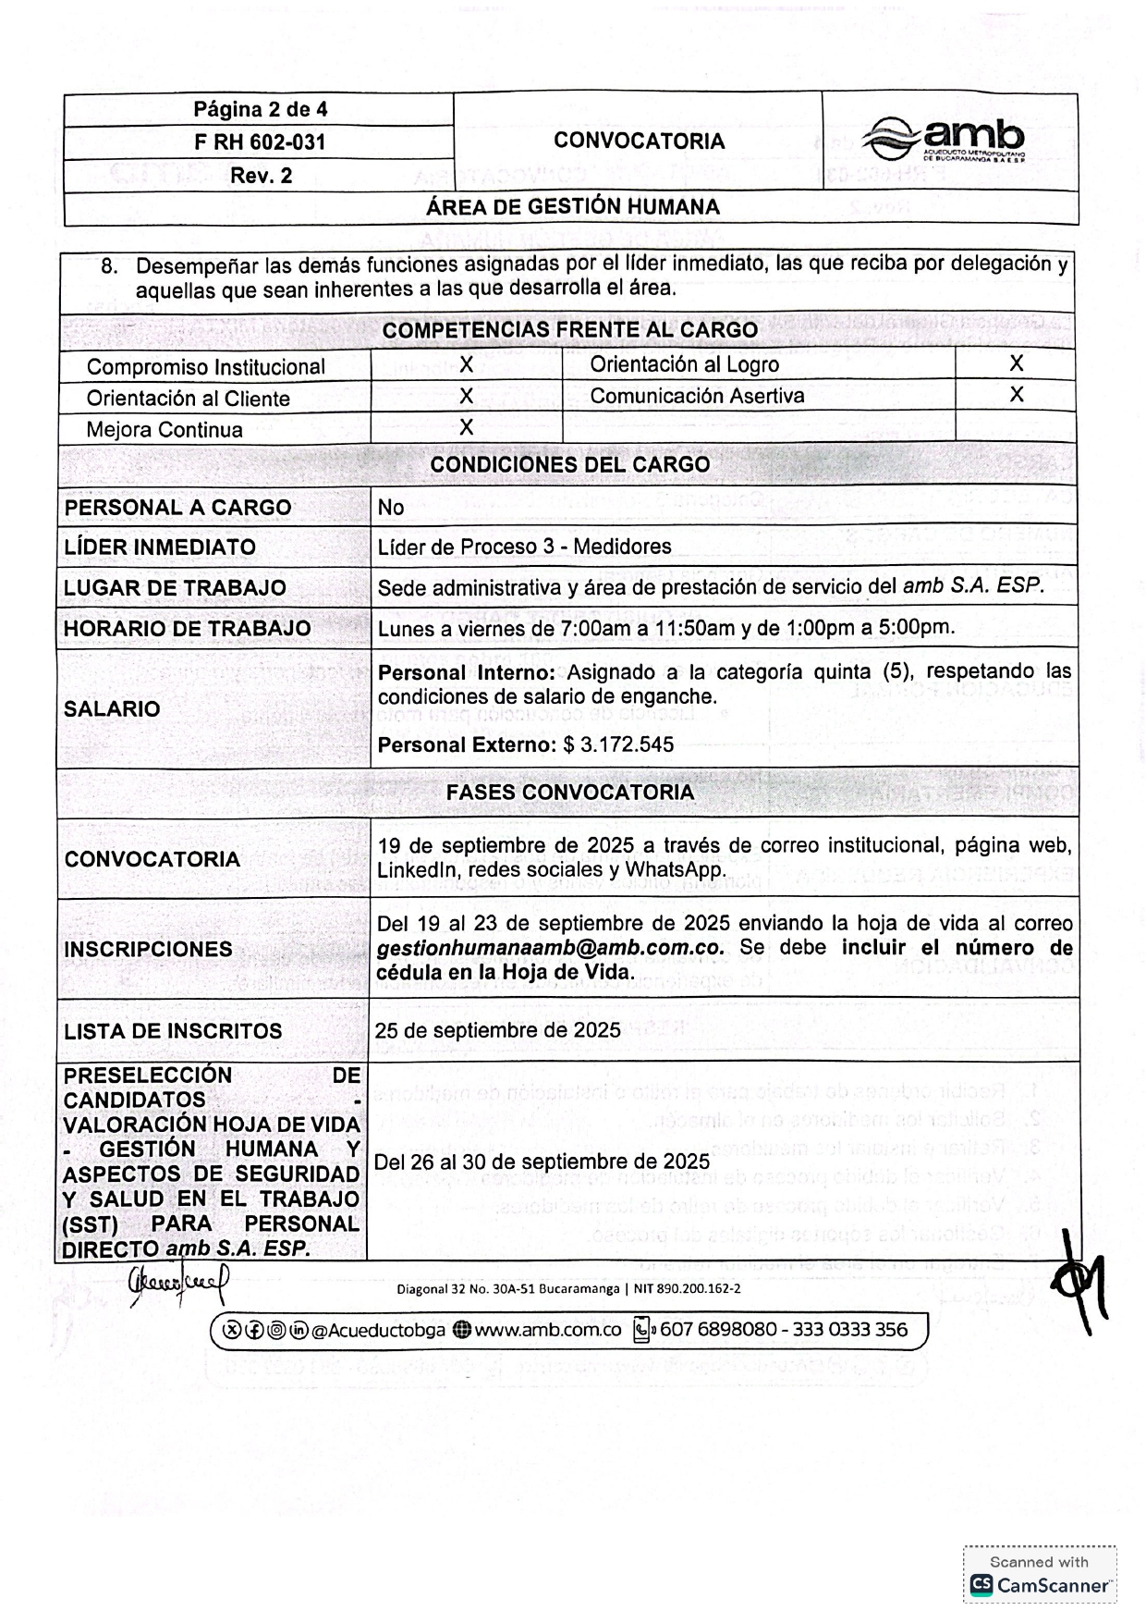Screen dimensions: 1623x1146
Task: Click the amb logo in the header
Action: (x=945, y=141)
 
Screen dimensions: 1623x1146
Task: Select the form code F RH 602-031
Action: (x=260, y=142)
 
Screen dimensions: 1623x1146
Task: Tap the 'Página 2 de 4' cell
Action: (x=260, y=109)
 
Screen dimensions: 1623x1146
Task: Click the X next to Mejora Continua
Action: (x=466, y=427)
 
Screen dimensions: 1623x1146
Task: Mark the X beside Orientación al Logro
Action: (x=1016, y=363)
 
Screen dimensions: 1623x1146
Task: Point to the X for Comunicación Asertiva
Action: (x=1016, y=395)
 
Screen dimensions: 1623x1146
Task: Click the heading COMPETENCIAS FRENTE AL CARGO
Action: (x=569, y=330)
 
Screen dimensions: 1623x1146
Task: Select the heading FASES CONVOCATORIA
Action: (x=569, y=793)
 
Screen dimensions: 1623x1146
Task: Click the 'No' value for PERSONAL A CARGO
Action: (x=391, y=507)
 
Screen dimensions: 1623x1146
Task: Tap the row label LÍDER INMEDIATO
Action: (x=160, y=547)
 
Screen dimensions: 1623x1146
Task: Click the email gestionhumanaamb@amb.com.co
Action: (x=550, y=948)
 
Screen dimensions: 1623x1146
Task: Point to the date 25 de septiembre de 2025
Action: (x=497, y=1030)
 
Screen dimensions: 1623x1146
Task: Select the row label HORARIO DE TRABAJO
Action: (x=188, y=628)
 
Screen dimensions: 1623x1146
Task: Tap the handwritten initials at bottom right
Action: (x=1077, y=1281)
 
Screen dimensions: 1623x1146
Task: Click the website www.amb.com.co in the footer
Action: (x=547, y=1330)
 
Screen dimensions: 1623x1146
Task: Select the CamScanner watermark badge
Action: (x=1039, y=1575)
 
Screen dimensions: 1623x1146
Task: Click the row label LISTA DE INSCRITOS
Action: (x=173, y=1031)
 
